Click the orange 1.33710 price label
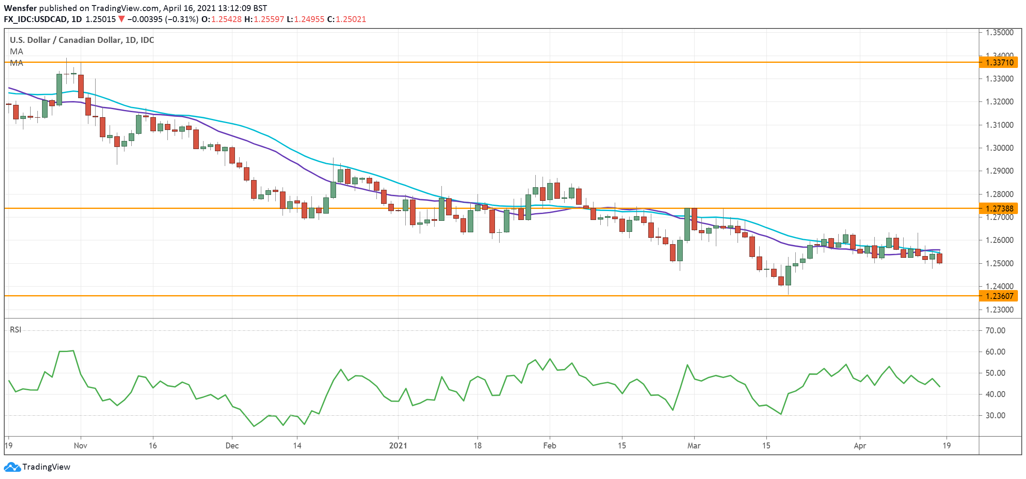999,62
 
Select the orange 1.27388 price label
999,209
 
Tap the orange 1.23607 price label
999,296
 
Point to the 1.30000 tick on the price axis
999,148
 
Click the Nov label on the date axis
80,445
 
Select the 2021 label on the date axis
398,445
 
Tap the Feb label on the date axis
549,445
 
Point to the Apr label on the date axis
859,445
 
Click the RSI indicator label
16,330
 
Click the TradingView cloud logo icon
12,467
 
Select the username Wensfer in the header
20,8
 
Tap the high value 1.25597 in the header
269,19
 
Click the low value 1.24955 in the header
309,19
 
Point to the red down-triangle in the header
122,19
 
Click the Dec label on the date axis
232,445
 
